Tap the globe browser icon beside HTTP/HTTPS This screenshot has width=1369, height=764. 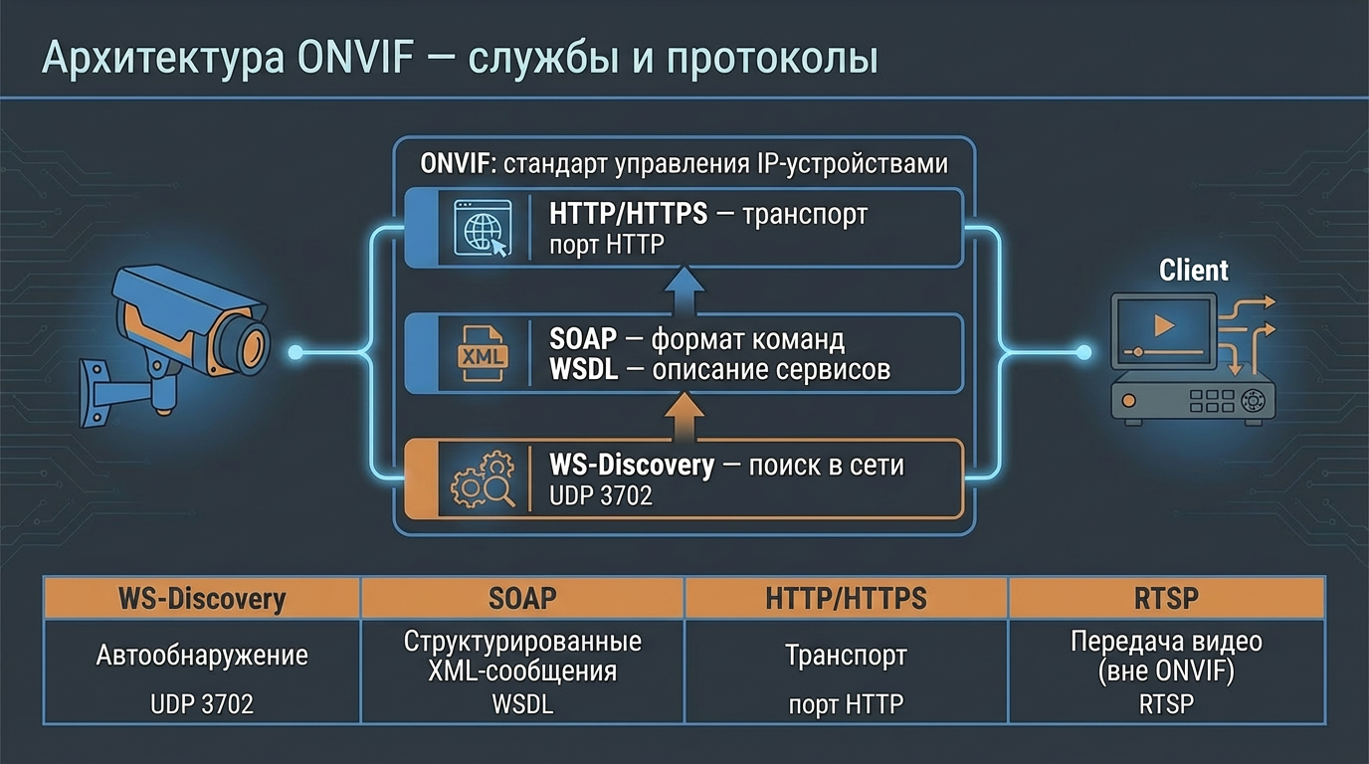click(x=482, y=228)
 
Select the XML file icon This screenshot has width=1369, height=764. click(x=482, y=353)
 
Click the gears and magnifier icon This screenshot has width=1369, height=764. click(x=483, y=480)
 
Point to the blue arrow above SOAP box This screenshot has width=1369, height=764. click(x=684, y=289)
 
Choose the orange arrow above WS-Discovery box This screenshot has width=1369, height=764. click(x=684, y=417)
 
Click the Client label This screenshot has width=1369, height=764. click(x=1193, y=271)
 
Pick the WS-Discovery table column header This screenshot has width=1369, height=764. click(x=202, y=598)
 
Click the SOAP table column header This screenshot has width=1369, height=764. click(x=522, y=598)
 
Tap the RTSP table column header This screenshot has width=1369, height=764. click(x=1166, y=598)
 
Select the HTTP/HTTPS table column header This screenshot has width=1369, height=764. click(x=846, y=598)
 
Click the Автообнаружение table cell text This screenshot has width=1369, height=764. click(x=202, y=656)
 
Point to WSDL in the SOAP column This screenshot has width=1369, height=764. click(x=522, y=704)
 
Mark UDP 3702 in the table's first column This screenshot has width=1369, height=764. click(x=202, y=704)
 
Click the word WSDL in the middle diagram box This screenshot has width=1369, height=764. click(x=584, y=370)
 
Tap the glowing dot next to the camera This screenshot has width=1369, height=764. click(x=294, y=352)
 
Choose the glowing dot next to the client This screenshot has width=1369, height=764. click(x=1084, y=352)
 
